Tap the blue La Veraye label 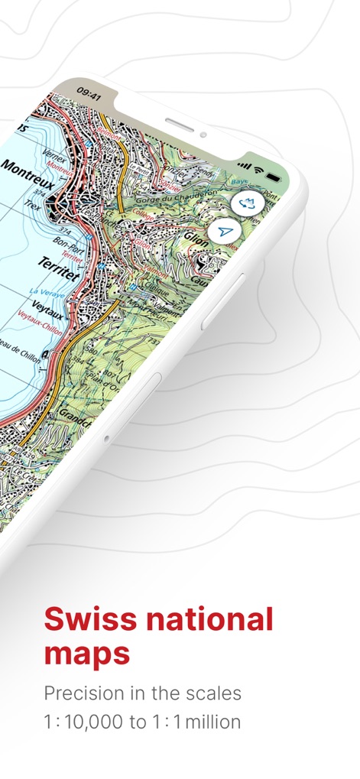(44, 293)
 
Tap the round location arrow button (225, 231)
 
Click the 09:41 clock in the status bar (89, 95)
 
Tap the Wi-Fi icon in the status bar (258, 167)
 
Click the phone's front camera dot (203, 135)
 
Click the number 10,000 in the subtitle (100, 721)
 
